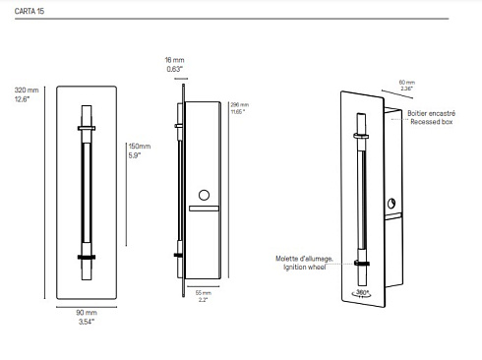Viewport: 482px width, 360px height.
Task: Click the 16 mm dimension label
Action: pyautogui.click(x=173, y=60)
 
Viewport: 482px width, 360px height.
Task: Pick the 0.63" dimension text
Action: pyautogui.click(x=173, y=69)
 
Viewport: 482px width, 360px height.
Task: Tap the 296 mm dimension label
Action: pyautogui.click(x=238, y=104)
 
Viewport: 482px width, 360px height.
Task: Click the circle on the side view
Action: pyautogui.click(x=205, y=195)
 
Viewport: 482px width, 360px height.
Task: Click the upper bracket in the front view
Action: pyautogui.click(x=89, y=126)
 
